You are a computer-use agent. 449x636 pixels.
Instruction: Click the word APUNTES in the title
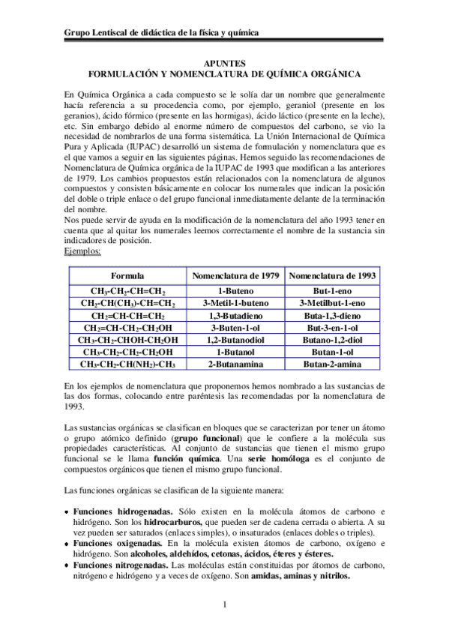click(224, 65)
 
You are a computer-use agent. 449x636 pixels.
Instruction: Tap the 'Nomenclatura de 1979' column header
click(235, 276)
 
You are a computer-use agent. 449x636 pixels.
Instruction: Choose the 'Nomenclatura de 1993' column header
click(332, 276)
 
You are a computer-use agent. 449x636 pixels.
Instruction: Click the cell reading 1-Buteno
click(235, 292)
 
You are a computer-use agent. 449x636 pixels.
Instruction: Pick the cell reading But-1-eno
click(332, 292)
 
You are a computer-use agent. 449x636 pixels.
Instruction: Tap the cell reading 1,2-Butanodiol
click(235, 340)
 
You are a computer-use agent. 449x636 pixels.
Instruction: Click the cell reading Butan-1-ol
click(332, 352)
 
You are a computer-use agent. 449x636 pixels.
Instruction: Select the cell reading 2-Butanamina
click(235, 364)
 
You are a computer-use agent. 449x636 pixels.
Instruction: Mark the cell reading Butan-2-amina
click(332, 364)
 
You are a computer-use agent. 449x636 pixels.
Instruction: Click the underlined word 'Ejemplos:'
click(82, 251)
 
